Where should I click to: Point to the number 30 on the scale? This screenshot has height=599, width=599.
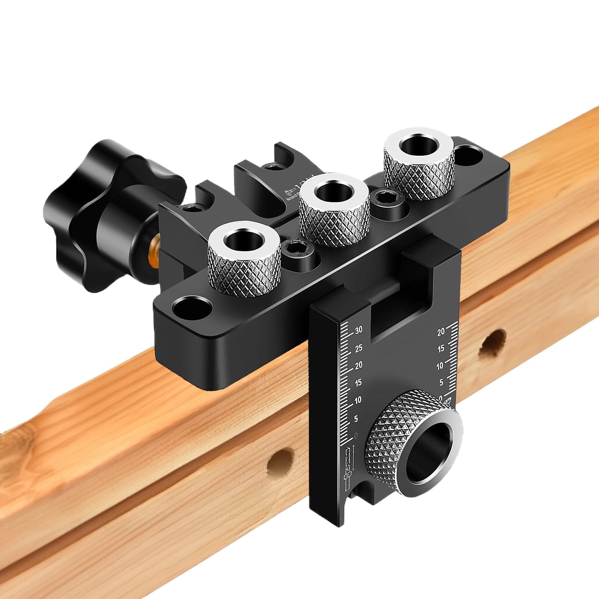coord(359,330)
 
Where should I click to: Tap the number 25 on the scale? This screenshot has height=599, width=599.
coord(359,348)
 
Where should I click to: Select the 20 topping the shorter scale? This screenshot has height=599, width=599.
coord(440,331)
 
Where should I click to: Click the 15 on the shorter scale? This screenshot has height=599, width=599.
coord(440,349)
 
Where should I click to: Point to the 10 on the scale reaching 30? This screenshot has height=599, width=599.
coord(358,400)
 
